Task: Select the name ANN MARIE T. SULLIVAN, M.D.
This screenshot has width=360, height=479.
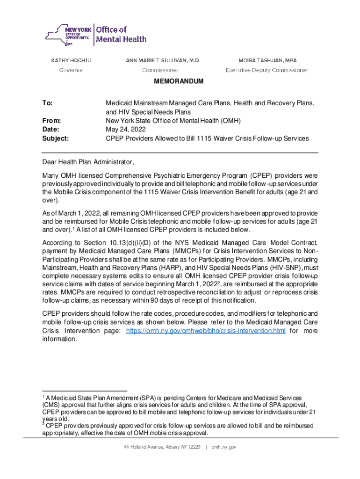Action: point(163,60)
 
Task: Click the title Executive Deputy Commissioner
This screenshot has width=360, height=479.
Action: point(267,70)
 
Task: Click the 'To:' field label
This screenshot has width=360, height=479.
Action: point(47,102)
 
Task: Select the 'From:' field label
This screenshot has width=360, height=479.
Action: point(51,121)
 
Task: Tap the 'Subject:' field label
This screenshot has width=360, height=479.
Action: point(55,138)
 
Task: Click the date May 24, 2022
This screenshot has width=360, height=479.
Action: point(126,130)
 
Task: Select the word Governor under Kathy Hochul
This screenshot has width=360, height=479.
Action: point(71,70)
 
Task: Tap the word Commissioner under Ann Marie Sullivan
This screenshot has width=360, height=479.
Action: point(160,70)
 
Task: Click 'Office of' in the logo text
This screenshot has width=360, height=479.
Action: point(111,29)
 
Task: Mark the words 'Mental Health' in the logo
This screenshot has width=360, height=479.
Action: point(121,39)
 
